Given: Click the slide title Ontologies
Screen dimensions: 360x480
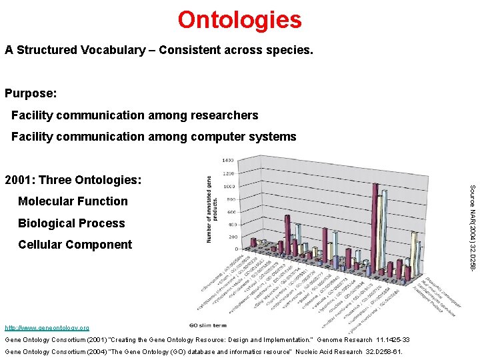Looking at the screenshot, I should [x=239, y=19].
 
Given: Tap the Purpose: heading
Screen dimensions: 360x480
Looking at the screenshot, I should [x=31, y=94].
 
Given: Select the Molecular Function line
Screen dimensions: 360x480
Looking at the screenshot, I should [x=73, y=201].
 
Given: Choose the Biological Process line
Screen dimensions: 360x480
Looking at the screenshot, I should [x=71, y=223].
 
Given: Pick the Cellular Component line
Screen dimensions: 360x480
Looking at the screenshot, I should [x=75, y=244].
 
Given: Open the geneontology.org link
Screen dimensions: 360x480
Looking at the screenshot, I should [x=47, y=327].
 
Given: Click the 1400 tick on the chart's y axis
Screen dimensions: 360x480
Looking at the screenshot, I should [x=227, y=161].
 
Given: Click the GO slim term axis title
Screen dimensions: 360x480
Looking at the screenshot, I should [x=207, y=325].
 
